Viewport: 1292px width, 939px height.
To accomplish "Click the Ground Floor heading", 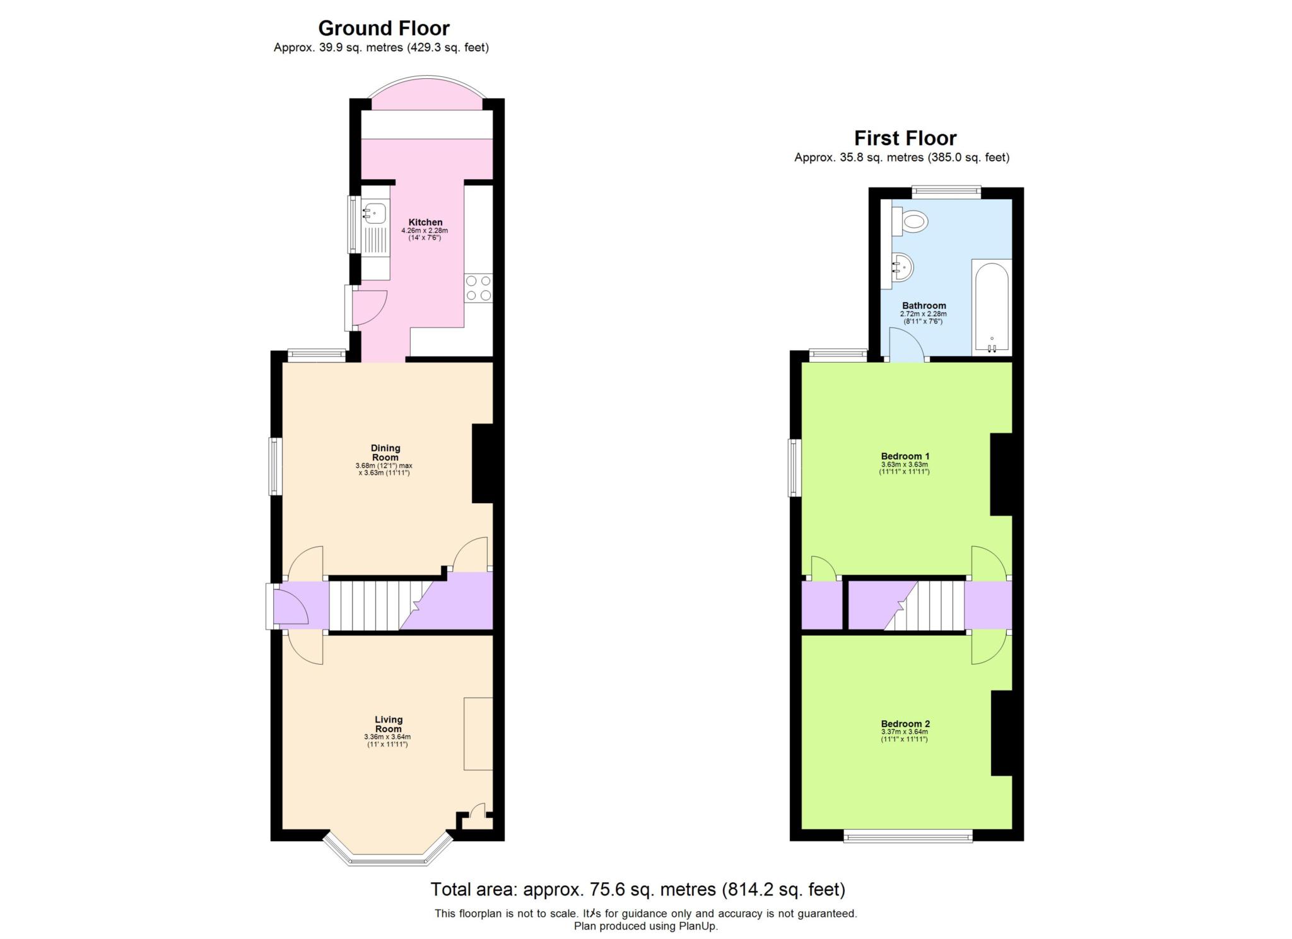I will (384, 28).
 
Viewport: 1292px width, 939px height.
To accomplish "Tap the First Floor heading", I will (905, 137).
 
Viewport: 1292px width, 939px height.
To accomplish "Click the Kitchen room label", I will (425, 222).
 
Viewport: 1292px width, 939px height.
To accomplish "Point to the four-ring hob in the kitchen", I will (478, 288).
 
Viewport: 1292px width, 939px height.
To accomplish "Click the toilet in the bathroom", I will (912, 222).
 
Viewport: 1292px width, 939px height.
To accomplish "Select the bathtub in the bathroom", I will (992, 307).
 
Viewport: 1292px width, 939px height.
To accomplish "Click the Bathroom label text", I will (924, 305).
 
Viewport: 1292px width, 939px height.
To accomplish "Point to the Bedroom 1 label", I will (905, 455).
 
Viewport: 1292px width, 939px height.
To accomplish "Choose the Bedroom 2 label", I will (905, 723).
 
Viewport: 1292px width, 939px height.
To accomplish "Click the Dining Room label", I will (385, 453).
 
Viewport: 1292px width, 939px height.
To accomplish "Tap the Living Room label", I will (388, 723).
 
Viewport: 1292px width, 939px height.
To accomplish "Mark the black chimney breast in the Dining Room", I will (482, 463).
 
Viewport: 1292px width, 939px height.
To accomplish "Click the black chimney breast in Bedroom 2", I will (1001, 741).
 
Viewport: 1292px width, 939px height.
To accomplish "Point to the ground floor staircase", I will (372, 605).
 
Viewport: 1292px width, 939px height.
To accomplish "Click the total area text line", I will (637, 889).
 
